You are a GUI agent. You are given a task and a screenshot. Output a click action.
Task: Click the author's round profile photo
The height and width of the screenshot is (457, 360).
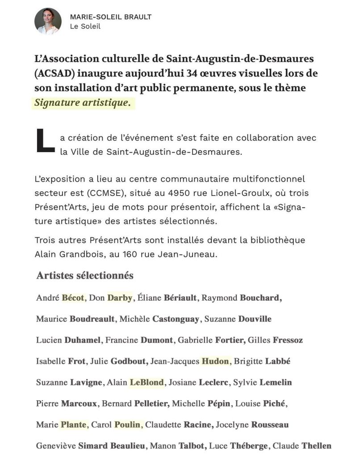[x=48, y=21]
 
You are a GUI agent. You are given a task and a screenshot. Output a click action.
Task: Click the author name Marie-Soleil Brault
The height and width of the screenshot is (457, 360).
[x=110, y=17]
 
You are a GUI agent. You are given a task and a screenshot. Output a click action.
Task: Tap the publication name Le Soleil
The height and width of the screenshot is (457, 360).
[x=85, y=26]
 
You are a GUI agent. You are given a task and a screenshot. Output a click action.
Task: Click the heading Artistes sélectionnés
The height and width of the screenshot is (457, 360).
[x=85, y=276]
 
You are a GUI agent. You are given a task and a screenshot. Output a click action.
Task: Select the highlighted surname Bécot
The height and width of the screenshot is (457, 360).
[x=73, y=298]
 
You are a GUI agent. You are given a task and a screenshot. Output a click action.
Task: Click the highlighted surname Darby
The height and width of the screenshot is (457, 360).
[x=119, y=298]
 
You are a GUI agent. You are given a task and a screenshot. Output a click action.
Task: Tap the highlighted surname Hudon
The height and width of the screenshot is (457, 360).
[x=216, y=361]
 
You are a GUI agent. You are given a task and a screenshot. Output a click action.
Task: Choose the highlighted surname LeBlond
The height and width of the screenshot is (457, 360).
[x=147, y=382]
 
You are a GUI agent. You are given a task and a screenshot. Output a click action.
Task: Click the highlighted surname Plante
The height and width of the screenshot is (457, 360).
[x=74, y=425]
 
